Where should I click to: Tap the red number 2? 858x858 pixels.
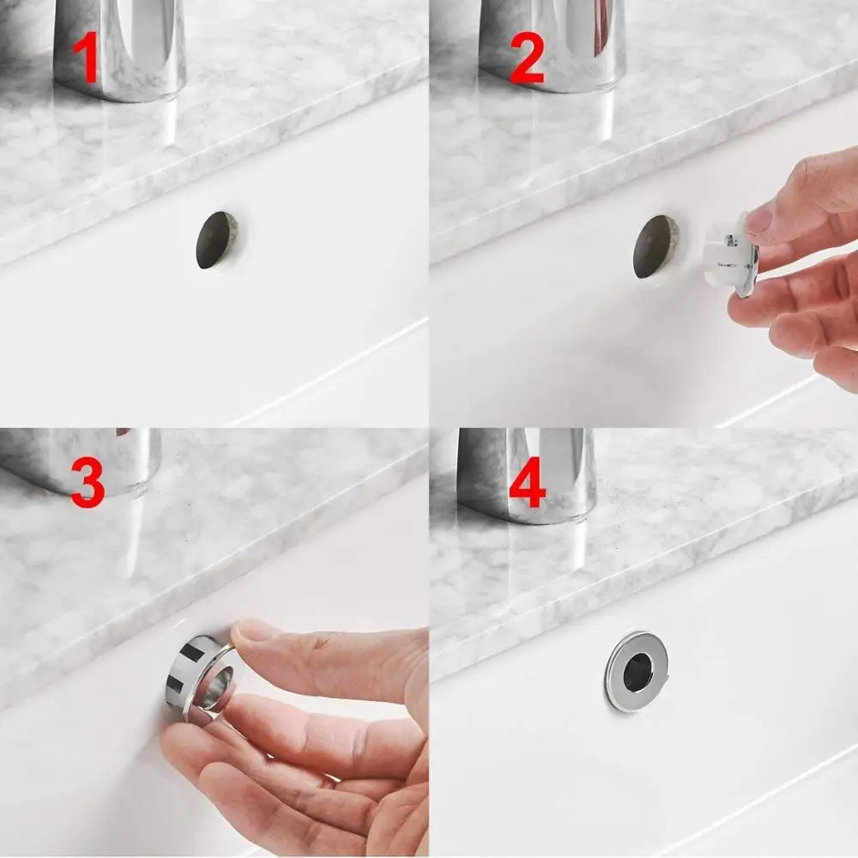pos(526,57)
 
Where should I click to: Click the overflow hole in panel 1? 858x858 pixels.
pos(215,240)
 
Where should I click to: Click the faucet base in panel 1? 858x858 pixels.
pos(120,51)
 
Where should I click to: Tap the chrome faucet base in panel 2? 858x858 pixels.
pos(553,47)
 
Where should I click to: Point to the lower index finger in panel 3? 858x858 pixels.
pos(283,729)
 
